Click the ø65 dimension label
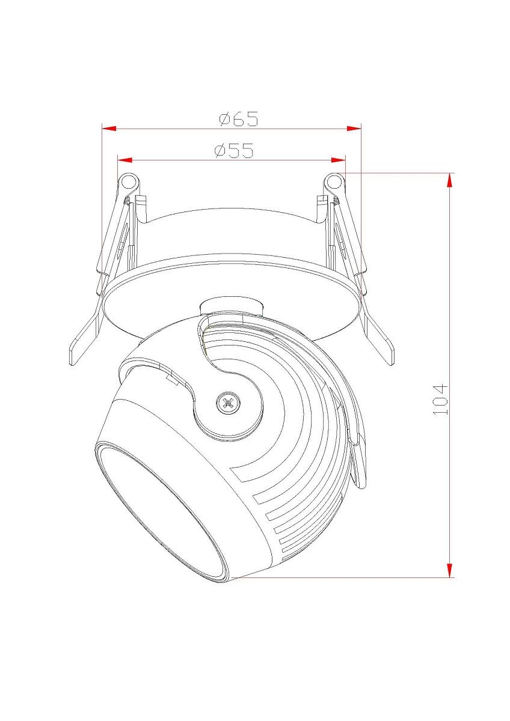pos(239,118)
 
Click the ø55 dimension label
pos(234,150)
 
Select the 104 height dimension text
pos(440,400)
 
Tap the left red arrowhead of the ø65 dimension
pos(109,129)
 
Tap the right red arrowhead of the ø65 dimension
pos(354,129)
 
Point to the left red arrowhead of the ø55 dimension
pos(124,160)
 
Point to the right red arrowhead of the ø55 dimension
pos(338,160)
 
